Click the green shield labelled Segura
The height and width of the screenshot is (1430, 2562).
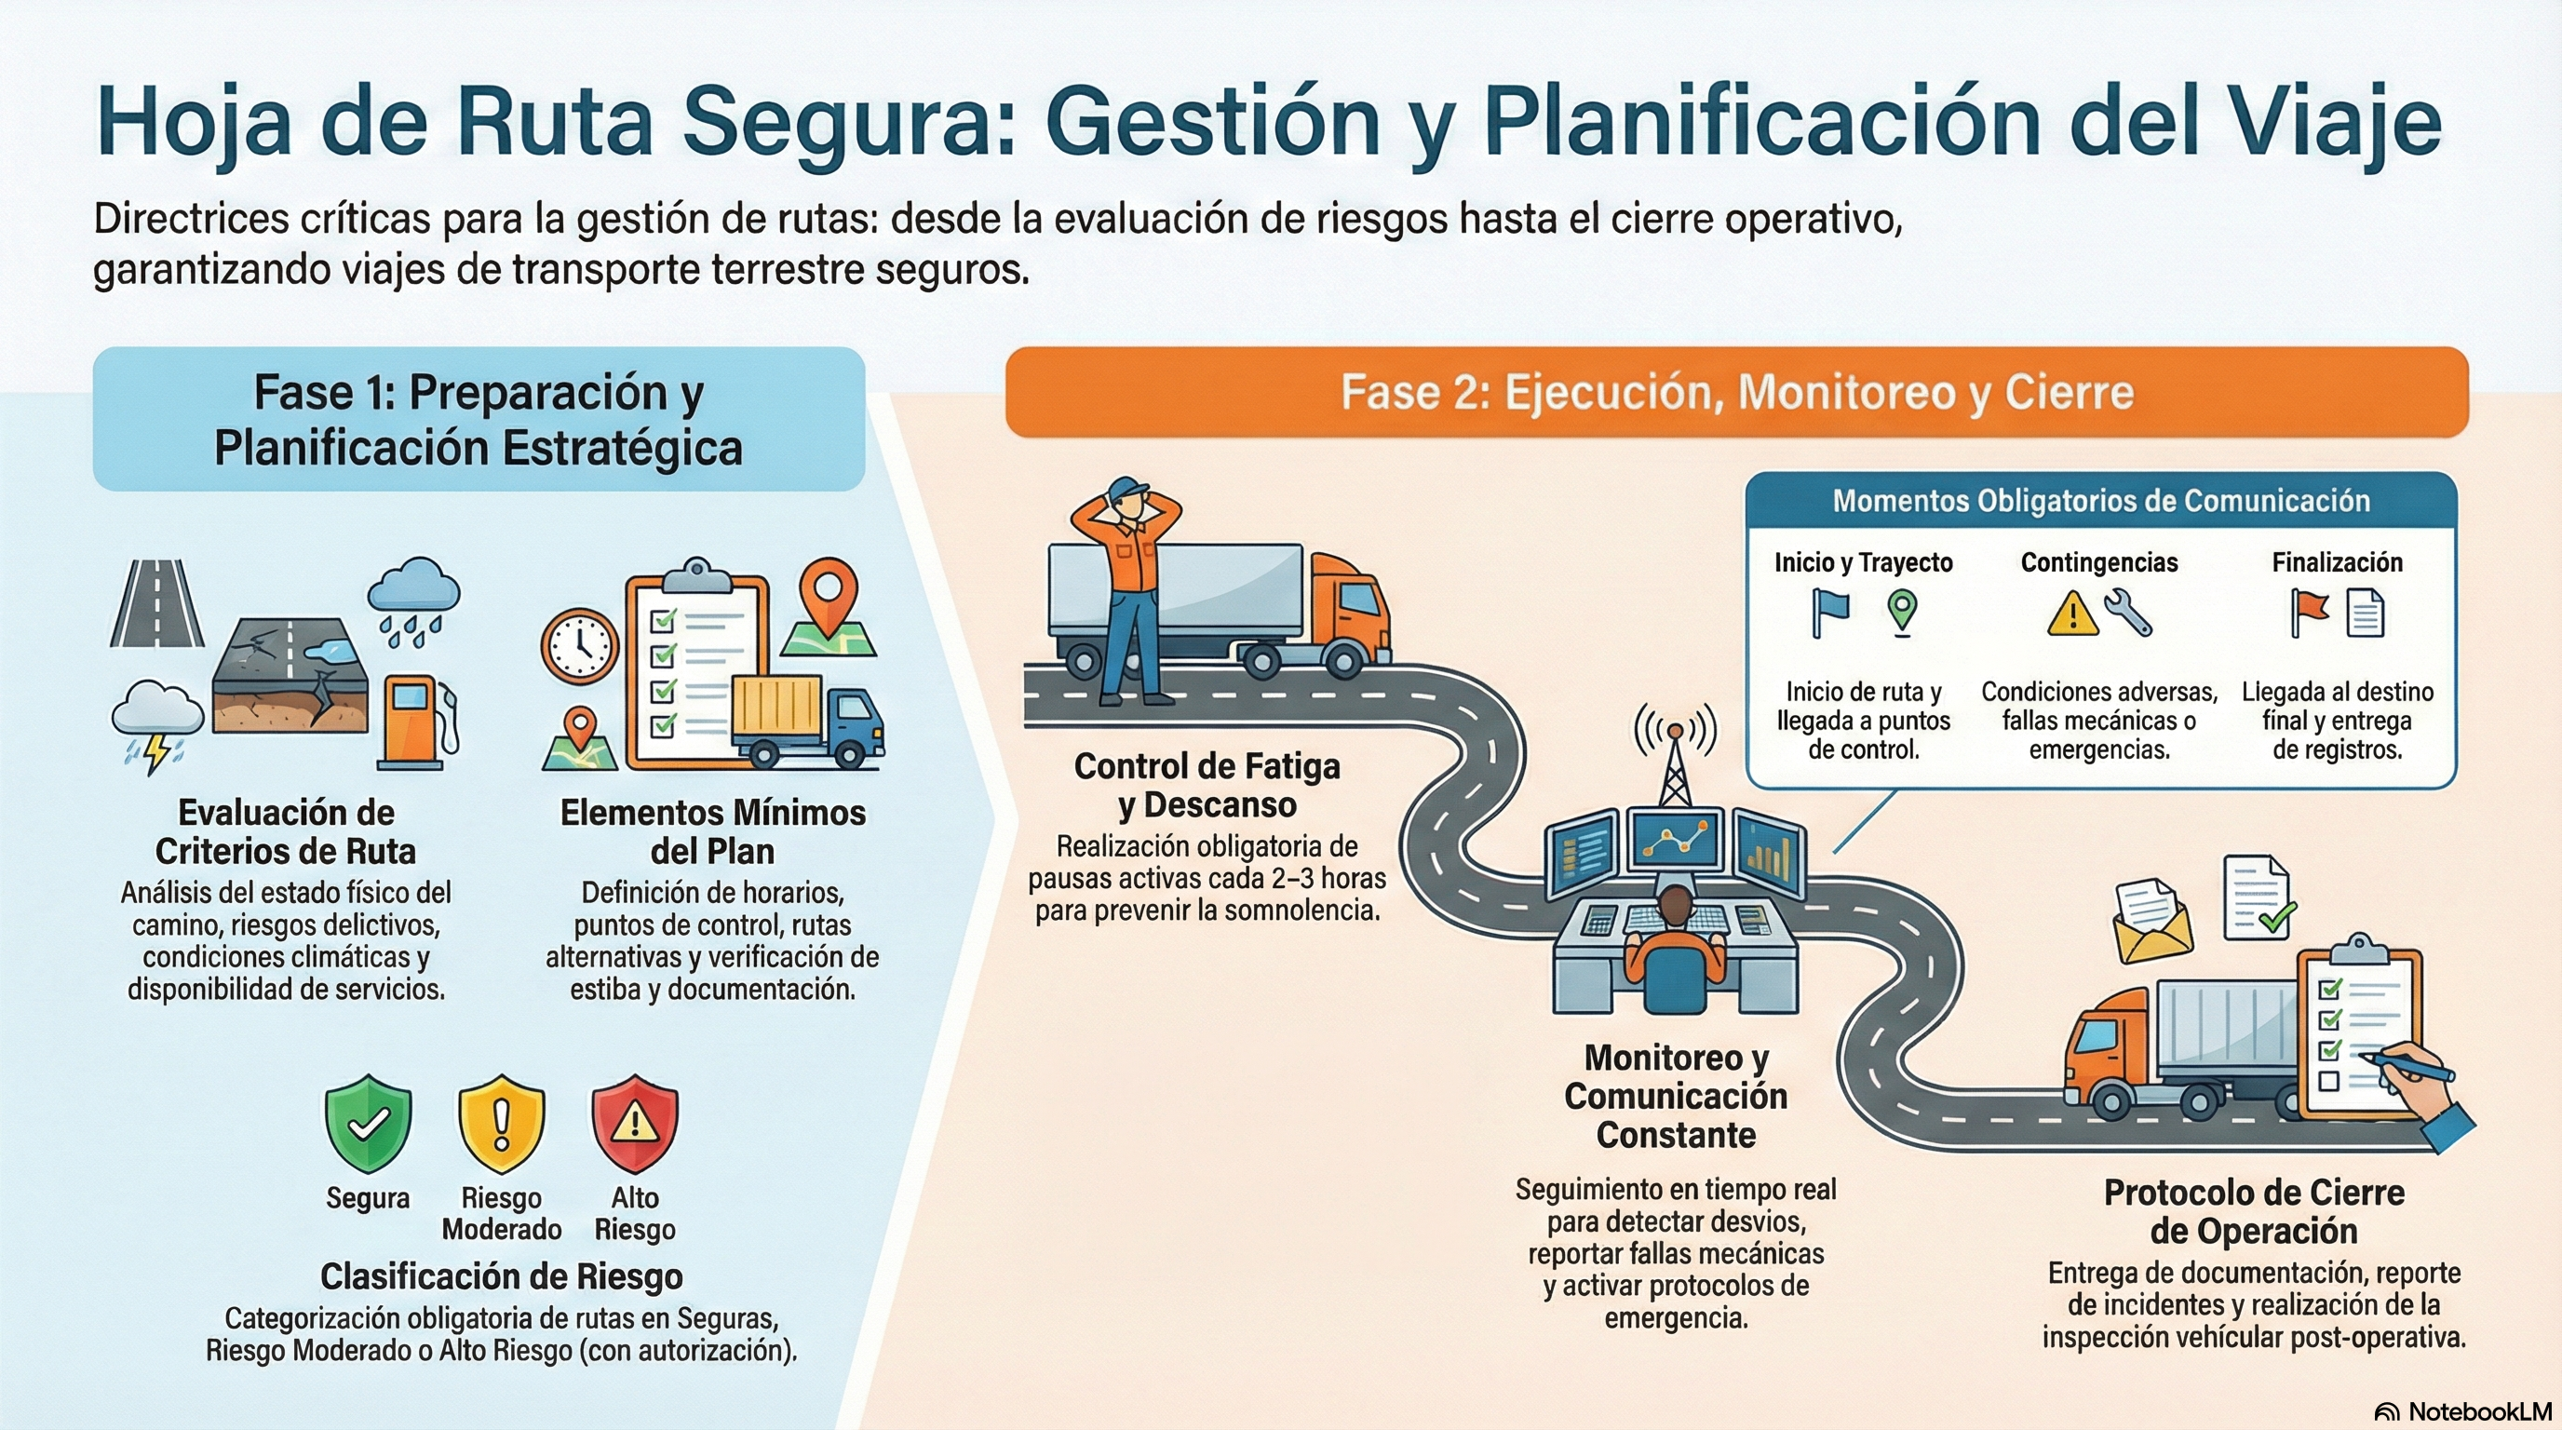368,1124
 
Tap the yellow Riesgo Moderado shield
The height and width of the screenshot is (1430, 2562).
501,1124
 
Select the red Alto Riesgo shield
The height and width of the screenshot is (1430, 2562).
635,1124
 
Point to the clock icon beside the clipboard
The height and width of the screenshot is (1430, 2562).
579,645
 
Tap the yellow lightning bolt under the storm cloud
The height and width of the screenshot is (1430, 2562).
156,753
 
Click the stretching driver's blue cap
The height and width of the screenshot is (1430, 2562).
1126,488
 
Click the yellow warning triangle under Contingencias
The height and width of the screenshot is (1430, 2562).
2072,614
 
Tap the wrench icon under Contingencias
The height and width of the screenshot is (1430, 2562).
2127,613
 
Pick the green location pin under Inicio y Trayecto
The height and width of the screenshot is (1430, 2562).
1902,611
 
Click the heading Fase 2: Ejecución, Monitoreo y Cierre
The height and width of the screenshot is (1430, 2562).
1736,392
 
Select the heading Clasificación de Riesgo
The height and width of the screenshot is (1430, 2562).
501,1275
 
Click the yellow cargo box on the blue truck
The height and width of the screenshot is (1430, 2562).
777,708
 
